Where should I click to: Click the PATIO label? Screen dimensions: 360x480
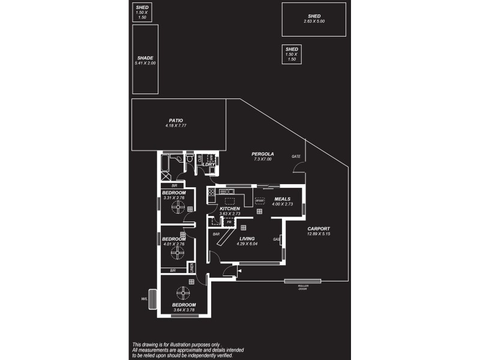[176, 120]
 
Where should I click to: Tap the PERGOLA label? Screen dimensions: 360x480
[263, 154]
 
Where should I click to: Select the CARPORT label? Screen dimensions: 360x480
[319, 228]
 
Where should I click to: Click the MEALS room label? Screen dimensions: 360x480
[282, 199]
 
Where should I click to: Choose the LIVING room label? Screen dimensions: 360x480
[247, 238]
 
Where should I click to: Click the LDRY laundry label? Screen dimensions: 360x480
[209, 164]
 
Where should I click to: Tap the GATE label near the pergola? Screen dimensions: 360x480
[296, 156]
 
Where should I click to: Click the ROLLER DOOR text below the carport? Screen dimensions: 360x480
[302, 287]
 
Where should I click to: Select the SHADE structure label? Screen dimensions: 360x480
[146, 58]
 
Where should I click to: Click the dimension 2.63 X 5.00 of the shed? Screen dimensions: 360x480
[314, 22]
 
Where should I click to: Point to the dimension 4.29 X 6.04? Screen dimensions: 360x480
[247, 244]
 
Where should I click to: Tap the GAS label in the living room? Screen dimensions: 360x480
[277, 239]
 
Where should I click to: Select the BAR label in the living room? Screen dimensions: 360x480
[215, 233]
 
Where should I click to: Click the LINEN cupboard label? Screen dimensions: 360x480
[192, 268]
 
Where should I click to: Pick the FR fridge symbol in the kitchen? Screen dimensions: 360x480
[229, 222]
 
